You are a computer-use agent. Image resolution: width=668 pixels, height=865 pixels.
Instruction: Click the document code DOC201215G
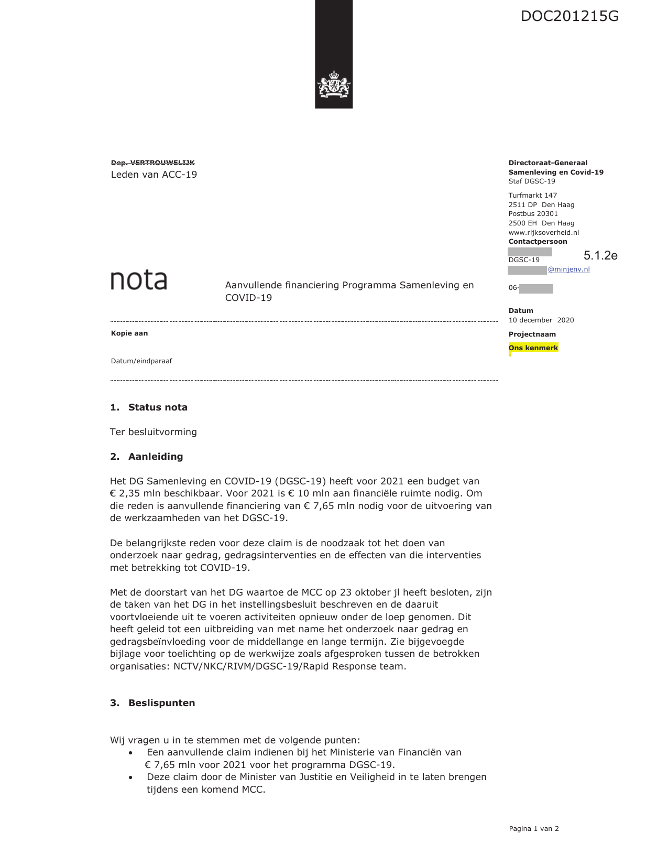click(x=570, y=16)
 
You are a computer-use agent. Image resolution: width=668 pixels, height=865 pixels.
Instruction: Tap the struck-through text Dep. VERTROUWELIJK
click(x=152, y=163)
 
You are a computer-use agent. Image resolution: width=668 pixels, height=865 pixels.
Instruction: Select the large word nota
click(x=139, y=280)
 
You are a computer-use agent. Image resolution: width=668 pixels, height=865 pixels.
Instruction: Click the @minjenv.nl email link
click(x=568, y=269)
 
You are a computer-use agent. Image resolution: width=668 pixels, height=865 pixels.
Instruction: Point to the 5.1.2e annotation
click(x=600, y=255)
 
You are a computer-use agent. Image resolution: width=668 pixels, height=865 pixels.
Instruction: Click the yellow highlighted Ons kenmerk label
click(x=533, y=348)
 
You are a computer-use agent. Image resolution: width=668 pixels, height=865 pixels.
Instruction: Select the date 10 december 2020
click(x=541, y=320)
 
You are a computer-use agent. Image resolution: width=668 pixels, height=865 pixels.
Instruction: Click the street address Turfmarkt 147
click(x=532, y=195)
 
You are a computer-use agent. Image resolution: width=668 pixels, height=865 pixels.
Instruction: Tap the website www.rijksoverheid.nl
click(x=543, y=232)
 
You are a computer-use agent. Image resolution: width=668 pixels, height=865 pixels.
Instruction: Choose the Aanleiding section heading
click(x=155, y=457)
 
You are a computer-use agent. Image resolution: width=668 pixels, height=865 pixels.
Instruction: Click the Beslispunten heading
click(x=161, y=703)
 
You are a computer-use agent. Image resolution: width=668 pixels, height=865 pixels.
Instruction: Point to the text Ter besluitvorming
click(x=154, y=432)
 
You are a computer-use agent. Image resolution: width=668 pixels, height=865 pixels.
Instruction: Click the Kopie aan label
click(x=129, y=333)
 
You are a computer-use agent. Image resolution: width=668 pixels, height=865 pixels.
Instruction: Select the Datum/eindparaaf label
click(x=141, y=361)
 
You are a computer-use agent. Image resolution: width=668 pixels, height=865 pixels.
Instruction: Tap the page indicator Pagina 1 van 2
click(x=533, y=828)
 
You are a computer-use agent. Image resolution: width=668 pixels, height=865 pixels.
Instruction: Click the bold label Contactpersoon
click(x=538, y=242)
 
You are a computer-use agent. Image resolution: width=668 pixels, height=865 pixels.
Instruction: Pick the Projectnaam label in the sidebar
click(x=532, y=334)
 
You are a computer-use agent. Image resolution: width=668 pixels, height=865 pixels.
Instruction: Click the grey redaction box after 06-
click(x=536, y=288)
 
